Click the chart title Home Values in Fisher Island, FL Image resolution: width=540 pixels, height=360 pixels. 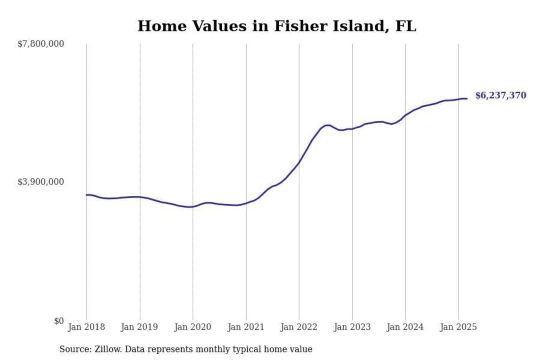277,26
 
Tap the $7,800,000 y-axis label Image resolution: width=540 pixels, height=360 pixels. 40,44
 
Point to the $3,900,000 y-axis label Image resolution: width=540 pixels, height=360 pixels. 40,182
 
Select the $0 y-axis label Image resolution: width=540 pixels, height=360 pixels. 58,321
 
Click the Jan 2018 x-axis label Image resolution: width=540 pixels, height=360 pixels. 86,327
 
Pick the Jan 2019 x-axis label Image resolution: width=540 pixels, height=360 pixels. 139,327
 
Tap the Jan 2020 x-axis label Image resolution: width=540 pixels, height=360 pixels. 193,327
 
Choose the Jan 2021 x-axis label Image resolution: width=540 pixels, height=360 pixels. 246,327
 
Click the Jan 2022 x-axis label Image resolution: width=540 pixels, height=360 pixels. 299,327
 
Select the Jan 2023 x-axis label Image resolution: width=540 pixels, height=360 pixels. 352,327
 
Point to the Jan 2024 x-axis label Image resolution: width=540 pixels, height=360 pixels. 405,327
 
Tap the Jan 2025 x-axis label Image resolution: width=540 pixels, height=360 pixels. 458,327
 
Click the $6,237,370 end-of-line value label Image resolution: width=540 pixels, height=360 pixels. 501,95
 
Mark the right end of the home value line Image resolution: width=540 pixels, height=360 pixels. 467,99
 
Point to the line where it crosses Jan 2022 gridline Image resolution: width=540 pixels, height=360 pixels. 299,162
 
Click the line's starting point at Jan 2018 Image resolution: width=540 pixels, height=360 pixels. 87,195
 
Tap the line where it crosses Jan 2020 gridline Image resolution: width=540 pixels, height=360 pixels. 193,207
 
